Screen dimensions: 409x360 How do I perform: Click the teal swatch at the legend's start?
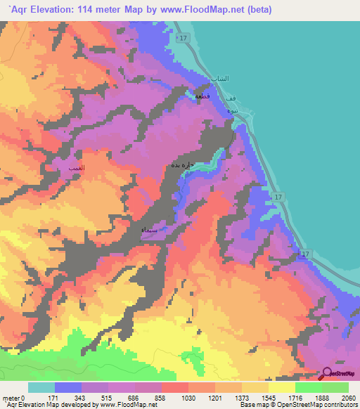pyautogui.click(x=41, y=387)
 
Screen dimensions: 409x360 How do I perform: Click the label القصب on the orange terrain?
pyautogui.click(x=95, y=169)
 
